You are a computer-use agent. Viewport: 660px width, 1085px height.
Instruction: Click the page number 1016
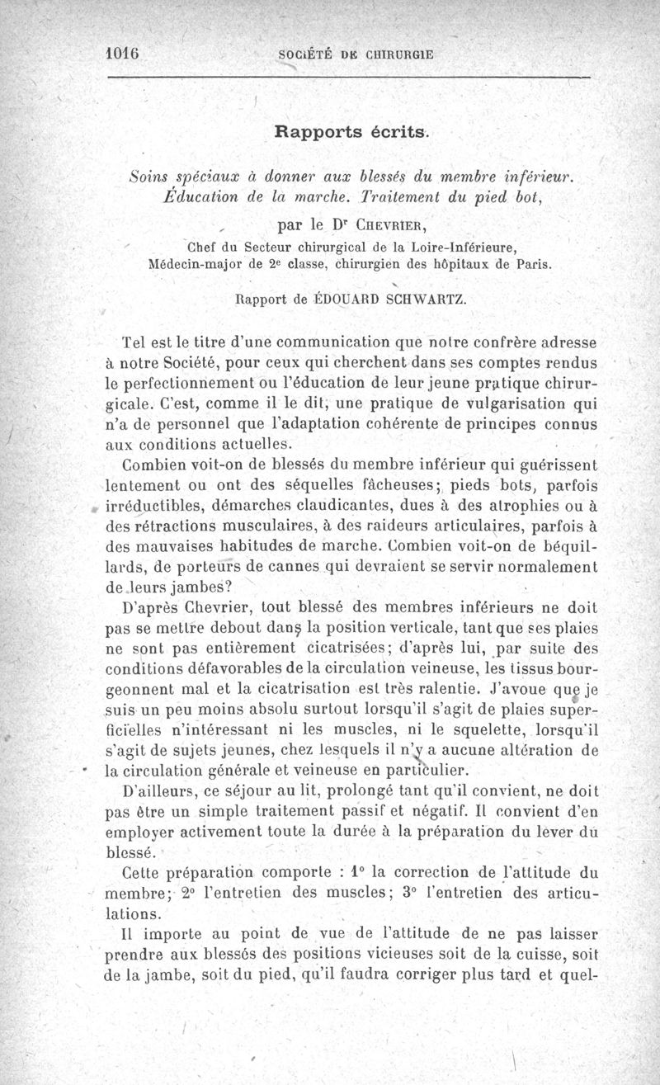120,52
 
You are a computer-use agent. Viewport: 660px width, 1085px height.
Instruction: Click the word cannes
329,566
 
